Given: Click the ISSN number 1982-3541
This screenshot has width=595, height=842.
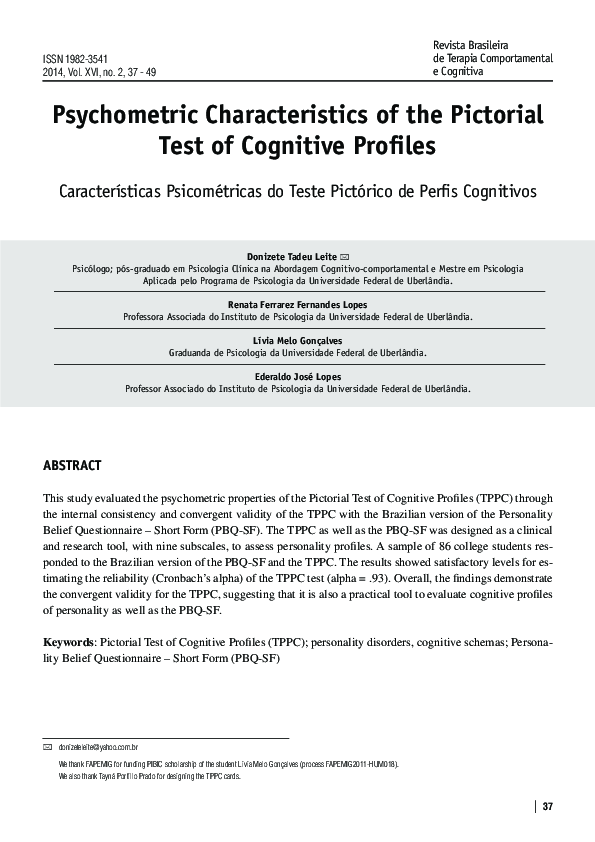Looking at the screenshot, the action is (x=82, y=60).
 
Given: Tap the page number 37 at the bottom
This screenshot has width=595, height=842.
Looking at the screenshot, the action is (x=547, y=807).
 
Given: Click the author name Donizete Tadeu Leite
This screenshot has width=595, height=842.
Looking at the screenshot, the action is (x=291, y=257).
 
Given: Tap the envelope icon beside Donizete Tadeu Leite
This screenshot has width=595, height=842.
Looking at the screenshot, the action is (x=346, y=257).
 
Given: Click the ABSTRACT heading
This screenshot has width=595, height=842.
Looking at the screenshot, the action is (x=72, y=466).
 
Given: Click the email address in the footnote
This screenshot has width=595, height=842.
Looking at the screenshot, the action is (x=97, y=748).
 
